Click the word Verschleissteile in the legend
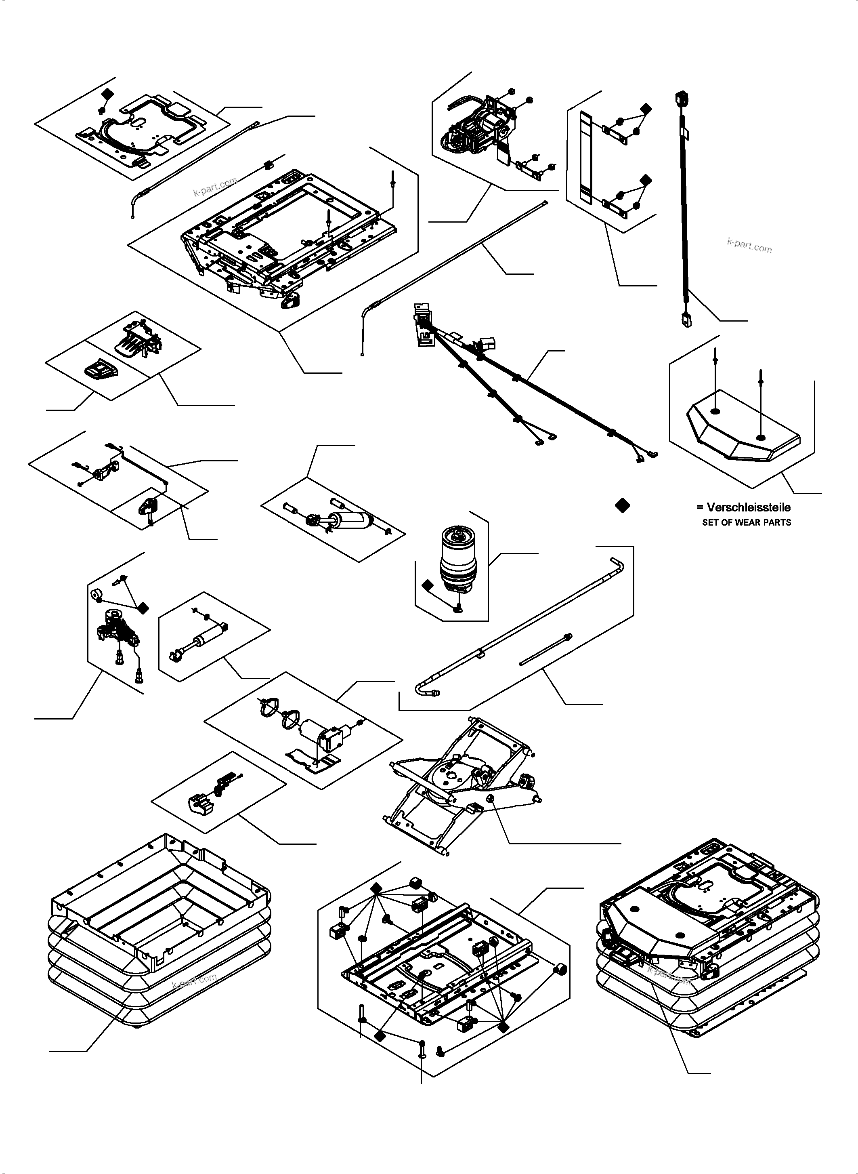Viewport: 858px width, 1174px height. click(749, 507)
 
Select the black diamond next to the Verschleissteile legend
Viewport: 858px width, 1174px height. click(622, 506)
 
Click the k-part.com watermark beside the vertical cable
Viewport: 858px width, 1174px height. click(749, 245)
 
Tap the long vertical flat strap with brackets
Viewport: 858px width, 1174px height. click(585, 156)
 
